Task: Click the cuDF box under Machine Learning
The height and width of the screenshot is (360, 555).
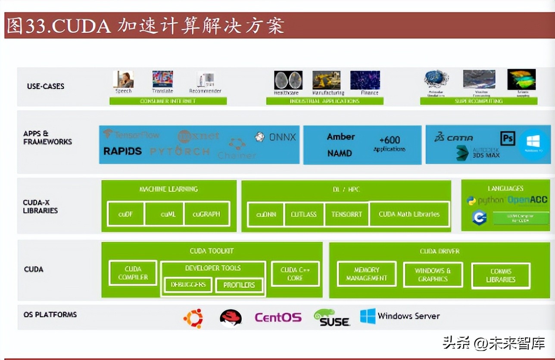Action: [125, 214]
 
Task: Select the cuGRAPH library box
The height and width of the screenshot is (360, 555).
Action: [206, 214]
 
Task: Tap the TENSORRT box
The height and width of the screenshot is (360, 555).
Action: [347, 214]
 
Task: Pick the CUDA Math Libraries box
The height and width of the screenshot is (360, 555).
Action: [409, 214]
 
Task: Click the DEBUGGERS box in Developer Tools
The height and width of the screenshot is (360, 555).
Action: [188, 285]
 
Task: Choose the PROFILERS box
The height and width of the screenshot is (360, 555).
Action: [239, 285]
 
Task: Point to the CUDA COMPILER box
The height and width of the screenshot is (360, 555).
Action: [133, 273]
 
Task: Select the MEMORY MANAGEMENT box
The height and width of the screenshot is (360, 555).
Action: [367, 274]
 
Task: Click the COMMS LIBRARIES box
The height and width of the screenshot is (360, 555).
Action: [501, 276]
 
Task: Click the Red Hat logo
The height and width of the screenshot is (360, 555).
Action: [231, 318]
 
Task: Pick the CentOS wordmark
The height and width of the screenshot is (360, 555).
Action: [278, 318]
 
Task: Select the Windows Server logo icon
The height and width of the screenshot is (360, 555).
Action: [368, 316]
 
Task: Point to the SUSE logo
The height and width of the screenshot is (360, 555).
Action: [331, 318]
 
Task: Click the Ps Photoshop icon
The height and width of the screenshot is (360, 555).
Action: [508, 138]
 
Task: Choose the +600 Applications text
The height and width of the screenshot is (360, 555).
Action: [390, 143]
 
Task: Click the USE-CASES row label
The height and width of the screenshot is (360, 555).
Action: [46, 86]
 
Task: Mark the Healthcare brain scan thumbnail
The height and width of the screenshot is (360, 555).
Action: [288, 81]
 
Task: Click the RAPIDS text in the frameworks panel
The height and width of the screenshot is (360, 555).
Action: [122, 151]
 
